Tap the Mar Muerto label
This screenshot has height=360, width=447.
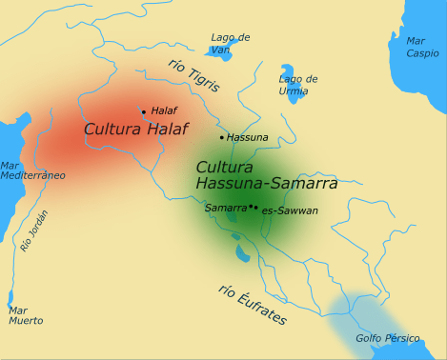point(26,315)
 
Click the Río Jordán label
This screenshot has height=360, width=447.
point(33,230)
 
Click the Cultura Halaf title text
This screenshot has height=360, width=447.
point(135,129)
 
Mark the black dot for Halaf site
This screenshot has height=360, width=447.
point(143,111)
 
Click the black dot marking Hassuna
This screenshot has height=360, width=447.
point(222,137)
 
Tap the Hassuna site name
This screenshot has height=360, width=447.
point(248,137)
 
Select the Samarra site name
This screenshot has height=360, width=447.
point(226,207)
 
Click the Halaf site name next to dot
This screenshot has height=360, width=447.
point(164,110)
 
